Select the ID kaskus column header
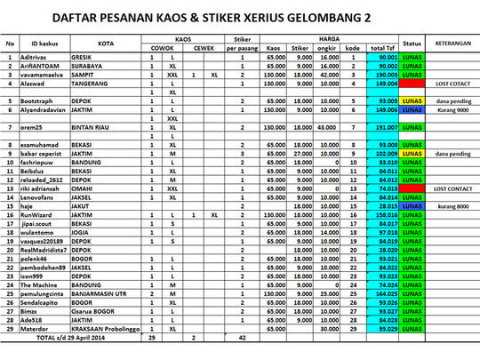tap(44, 43)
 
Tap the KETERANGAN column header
tap(452, 42)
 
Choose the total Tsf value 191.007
tap(383, 127)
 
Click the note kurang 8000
tap(452, 205)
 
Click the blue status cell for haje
tap(412, 205)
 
